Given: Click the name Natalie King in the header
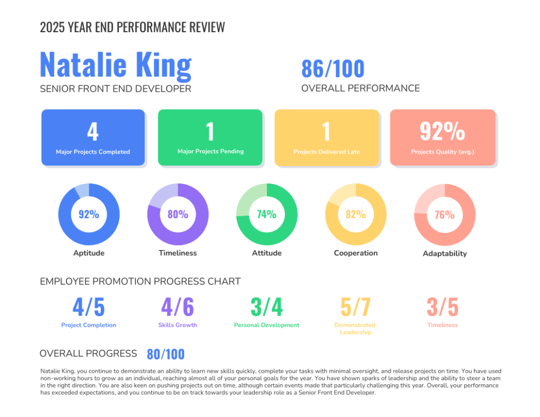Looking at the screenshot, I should coord(115,65).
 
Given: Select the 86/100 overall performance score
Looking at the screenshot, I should coord(333,69).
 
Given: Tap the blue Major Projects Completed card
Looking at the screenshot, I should coord(93,138).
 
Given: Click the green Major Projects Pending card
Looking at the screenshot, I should coord(210,138).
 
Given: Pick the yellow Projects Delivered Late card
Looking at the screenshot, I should coord(326,138).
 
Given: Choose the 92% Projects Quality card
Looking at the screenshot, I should coord(442,138).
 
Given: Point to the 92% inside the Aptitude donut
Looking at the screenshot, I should coord(89,214).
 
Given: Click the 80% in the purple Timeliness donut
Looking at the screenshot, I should coord(178,214).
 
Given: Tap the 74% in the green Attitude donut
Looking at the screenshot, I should coord(267,214).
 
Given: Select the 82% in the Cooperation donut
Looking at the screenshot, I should coord(355,214).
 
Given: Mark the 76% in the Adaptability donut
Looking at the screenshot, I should coord(445,215).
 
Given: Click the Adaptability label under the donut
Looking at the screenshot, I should coord(445,254).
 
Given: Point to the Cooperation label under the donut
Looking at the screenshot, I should coord(355,253).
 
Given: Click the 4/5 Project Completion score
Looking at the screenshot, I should coord(89,307).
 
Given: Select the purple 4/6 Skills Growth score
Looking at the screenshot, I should coord(178,307).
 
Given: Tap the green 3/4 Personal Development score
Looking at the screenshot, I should coord(267,307).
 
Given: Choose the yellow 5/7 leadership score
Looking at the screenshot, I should coord(355,307).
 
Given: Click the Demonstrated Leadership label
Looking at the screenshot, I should coord(355,328).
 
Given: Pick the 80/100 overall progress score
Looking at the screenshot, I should coord(166,354).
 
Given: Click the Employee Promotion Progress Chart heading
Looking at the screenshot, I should coord(140,282).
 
